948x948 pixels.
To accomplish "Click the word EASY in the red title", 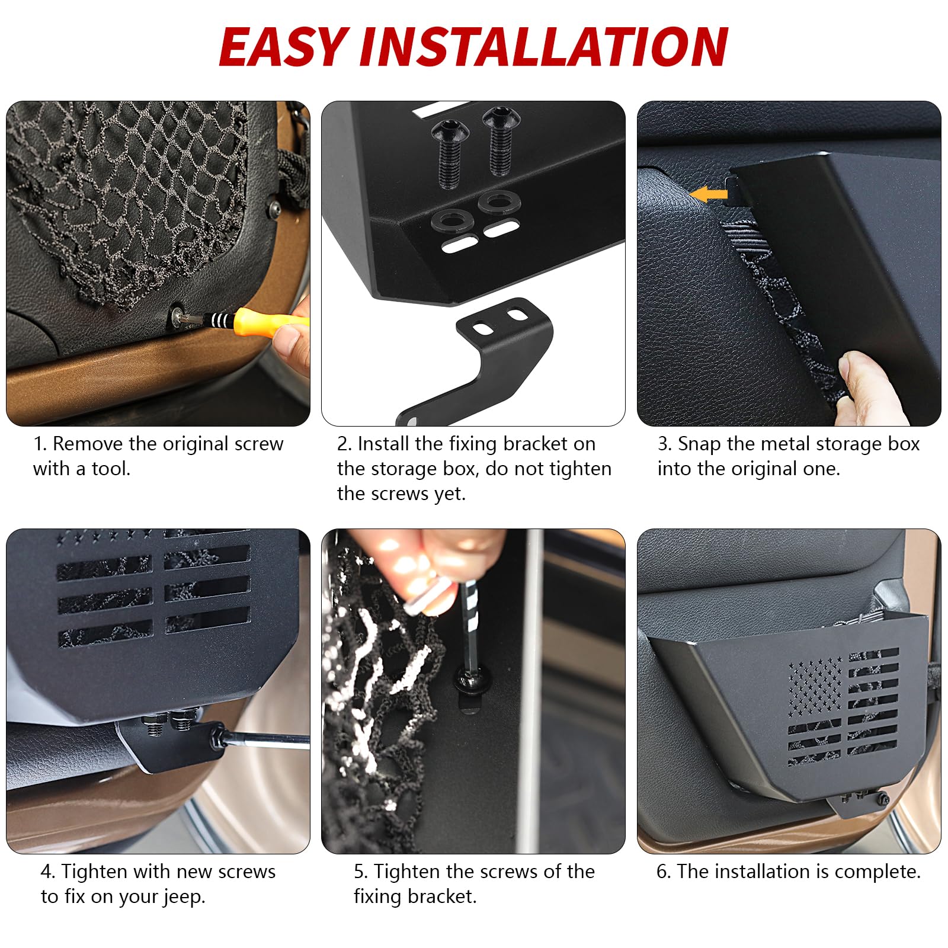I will pos(283,47).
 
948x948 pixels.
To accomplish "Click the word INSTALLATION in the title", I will pos(544,47).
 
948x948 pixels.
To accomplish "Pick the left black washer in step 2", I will pos(451,220).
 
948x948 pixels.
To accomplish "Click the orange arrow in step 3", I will pos(709,194).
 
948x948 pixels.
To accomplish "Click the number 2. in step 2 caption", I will pos(344,444).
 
